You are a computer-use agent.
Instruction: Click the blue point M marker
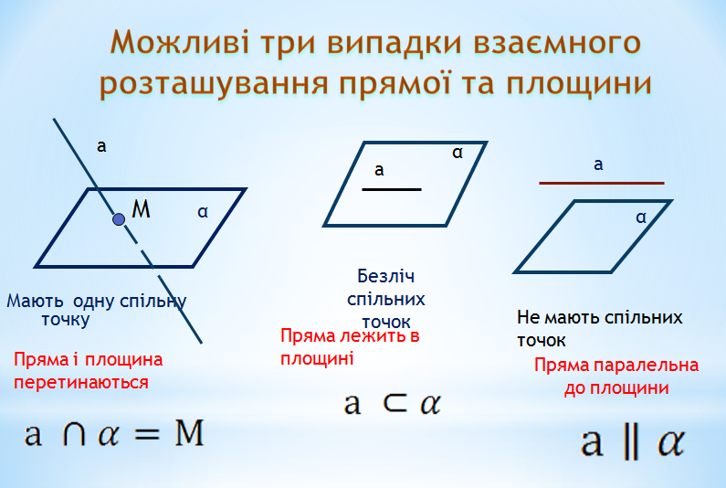tap(119, 219)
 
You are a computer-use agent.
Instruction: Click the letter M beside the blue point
tap(141, 208)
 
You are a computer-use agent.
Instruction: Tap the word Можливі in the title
tap(181, 43)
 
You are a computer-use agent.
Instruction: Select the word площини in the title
tap(579, 84)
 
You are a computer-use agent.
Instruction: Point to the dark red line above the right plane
tap(602, 183)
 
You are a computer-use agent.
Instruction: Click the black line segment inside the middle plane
tap(392, 189)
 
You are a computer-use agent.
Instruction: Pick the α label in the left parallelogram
tap(203, 212)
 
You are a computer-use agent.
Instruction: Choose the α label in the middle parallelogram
tap(458, 153)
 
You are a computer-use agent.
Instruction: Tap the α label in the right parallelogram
tap(641, 217)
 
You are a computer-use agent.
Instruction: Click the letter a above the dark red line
tap(598, 164)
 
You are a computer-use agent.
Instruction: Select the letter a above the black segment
tap(379, 170)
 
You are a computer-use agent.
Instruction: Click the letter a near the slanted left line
tap(101, 146)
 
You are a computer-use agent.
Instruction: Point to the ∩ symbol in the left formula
tap(74, 434)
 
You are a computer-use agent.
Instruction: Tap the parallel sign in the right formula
tap(630, 442)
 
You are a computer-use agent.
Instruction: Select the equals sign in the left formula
tap(147, 435)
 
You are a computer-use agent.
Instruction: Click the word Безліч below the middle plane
tap(385, 277)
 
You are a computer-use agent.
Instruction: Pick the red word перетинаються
tap(81, 383)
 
